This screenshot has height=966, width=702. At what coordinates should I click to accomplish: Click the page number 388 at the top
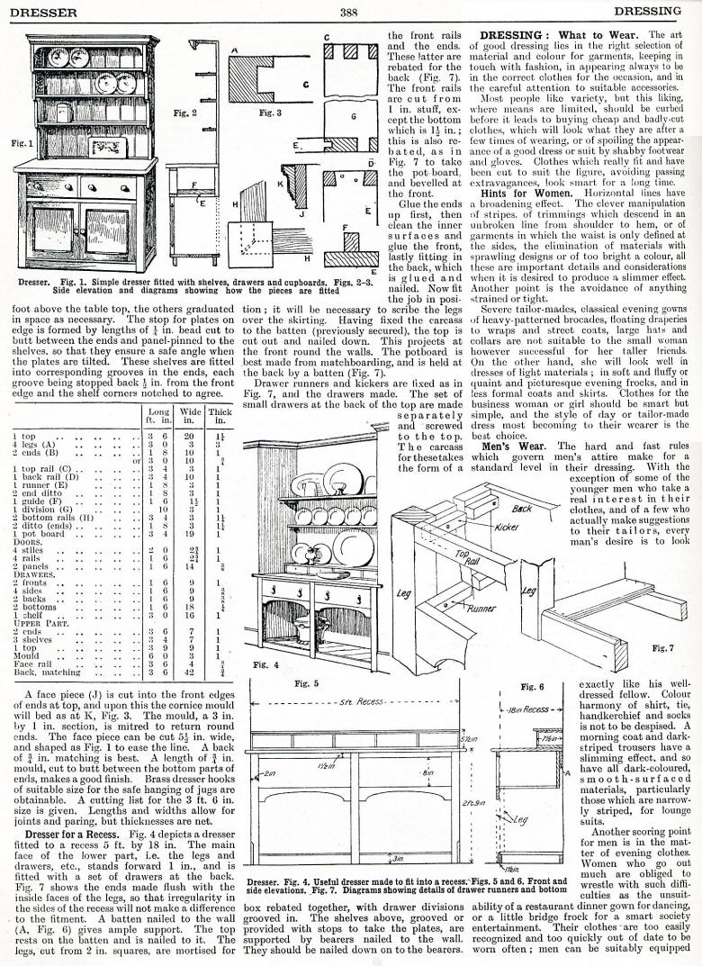(x=350, y=12)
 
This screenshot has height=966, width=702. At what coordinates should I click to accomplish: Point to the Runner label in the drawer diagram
(x=483, y=609)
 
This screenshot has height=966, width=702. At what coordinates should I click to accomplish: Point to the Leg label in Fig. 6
(x=522, y=817)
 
